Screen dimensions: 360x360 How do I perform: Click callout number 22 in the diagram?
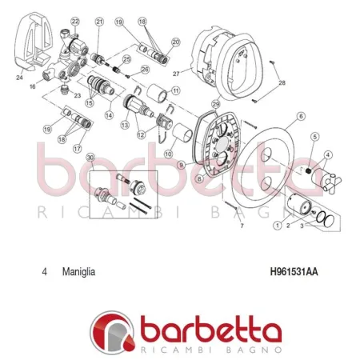click(75, 22)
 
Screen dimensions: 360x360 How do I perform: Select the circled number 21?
click(99, 22)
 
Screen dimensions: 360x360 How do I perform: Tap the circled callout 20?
click(176, 42)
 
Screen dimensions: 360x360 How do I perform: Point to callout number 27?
click(178, 72)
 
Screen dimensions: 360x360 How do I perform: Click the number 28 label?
click(281, 83)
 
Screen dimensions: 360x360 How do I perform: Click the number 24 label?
click(19, 78)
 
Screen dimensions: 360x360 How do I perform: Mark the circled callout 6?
click(301, 117)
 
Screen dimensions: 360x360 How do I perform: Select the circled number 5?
click(314, 137)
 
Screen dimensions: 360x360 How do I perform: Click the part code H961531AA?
click(294, 271)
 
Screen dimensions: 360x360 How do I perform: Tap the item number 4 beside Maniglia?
click(43, 271)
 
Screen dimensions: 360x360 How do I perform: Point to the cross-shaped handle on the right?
click(329, 177)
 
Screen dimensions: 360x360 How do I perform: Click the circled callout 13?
click(125, 126)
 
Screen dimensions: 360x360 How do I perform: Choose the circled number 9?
click(181, 164)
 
